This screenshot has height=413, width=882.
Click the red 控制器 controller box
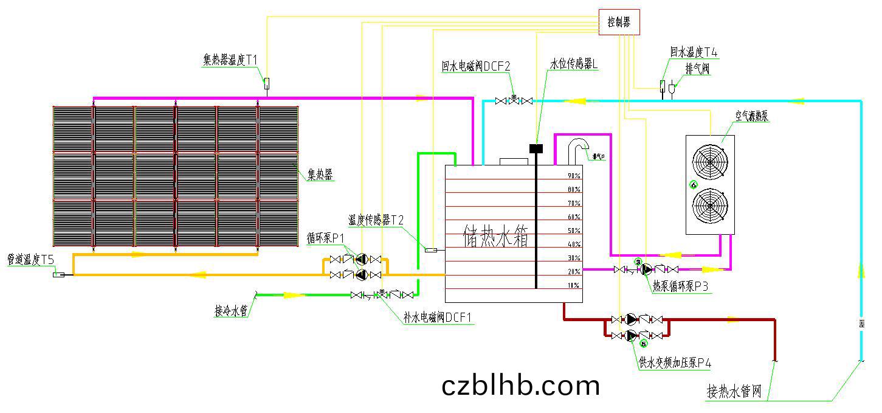619,23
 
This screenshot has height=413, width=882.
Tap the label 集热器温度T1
230,60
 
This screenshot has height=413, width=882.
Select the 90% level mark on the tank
573,176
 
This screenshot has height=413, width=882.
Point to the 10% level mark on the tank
573,285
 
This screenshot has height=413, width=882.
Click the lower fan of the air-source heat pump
709,207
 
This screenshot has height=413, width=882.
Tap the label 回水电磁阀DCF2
476,67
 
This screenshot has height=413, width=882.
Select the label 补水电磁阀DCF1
438,318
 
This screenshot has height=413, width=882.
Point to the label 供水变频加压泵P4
675,363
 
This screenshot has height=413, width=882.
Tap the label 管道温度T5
30,260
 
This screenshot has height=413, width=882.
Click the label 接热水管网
734,391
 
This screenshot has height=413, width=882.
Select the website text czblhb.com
521,385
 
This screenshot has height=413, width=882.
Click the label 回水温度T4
694,53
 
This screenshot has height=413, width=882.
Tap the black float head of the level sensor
536,148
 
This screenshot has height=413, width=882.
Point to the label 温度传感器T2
376,220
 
